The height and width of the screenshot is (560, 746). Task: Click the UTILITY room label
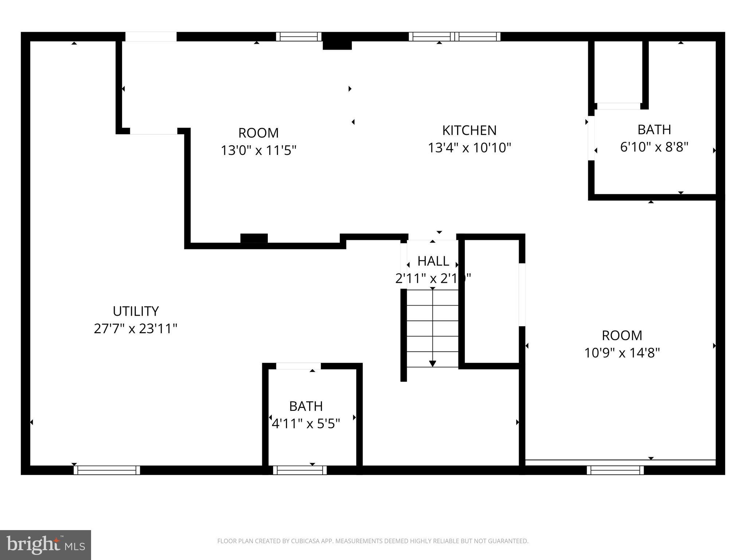136,311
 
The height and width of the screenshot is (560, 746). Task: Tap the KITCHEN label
469,130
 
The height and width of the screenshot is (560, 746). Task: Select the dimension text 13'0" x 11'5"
259,150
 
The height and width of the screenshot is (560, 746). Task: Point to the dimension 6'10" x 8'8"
654,147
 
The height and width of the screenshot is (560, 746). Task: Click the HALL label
433,261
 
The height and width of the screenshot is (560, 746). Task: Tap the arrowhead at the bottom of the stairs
432,363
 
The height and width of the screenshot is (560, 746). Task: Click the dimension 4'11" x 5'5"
306,424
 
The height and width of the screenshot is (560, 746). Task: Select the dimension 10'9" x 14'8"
622,353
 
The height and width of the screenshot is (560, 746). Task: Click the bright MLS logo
46,545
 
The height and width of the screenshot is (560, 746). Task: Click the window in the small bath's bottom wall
300,470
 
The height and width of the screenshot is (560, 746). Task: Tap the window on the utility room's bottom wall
107,470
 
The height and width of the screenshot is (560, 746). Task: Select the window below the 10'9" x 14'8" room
615,470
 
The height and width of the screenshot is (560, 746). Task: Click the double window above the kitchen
454,36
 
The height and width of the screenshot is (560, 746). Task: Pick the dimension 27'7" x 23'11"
136,329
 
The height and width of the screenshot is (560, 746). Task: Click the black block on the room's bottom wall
254,238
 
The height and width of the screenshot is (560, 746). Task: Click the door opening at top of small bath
298,366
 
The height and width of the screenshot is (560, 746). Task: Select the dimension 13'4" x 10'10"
469,148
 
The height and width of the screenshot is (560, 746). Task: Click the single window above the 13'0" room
299,36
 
